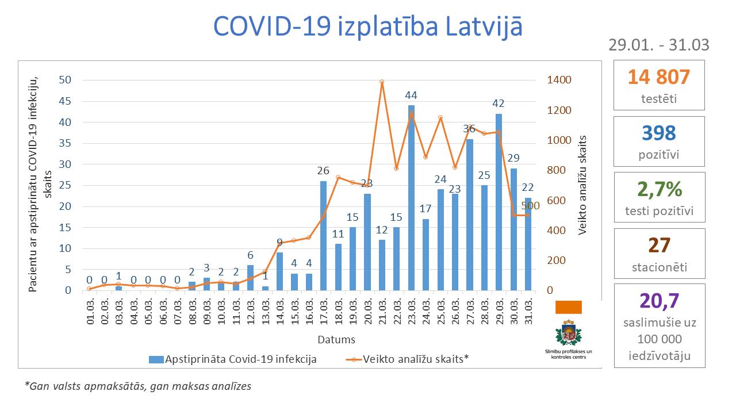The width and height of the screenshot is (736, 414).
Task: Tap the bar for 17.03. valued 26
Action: coord(323,236)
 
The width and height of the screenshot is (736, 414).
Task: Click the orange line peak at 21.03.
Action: coord(382,82)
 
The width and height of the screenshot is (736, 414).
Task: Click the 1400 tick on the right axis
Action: coord(559,80)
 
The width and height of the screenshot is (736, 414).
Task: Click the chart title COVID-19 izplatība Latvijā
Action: coord(368,26)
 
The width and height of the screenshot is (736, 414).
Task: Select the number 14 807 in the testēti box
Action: coord(658,77)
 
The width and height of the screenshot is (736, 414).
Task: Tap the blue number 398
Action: coord(659,133)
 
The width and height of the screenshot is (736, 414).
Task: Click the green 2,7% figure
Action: coord(659,189)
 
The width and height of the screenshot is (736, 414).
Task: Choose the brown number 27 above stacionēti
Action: coord(659,245)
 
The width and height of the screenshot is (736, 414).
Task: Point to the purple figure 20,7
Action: coord(659,300)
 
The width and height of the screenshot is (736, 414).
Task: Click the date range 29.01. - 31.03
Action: coord(658,45)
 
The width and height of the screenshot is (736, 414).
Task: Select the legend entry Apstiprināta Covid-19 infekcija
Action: coord(233,359)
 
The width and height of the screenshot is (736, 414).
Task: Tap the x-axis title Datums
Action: coord(336,339)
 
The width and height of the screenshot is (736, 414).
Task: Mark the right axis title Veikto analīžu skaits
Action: coord(583,185)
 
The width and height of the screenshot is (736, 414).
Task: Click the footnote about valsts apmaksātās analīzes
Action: coord(138,386)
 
